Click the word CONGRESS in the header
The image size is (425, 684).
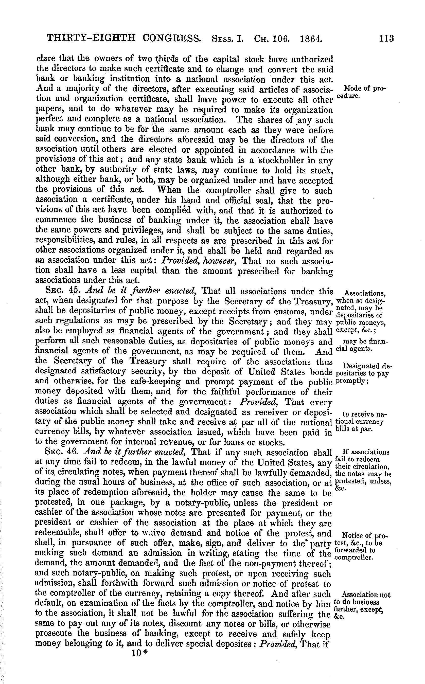pos(172,38)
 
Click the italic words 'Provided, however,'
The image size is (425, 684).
pos(200,261)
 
